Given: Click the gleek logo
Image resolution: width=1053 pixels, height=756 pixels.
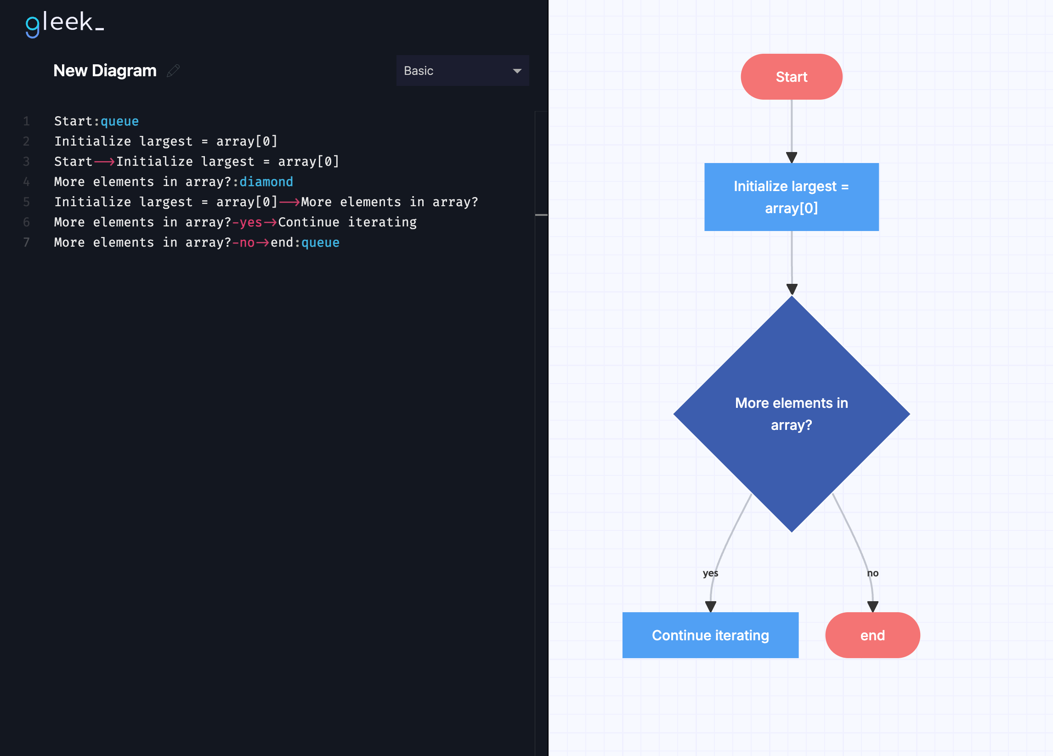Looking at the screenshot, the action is tap(64, 24).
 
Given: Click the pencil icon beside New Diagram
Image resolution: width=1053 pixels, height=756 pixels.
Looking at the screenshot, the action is tap(173, 71).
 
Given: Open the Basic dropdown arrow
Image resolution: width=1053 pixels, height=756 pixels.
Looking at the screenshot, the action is tap(517, 71).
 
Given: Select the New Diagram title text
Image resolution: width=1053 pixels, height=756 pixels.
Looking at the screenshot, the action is tap(105, 71).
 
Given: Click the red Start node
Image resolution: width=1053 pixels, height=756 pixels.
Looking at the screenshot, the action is tap(791, 77).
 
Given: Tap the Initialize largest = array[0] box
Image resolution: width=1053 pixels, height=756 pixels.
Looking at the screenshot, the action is tap(791, 197).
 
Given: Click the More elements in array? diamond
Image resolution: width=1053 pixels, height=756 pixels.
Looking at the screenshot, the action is tap(792, 414).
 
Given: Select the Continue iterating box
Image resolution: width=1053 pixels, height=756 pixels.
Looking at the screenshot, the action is tap(710, 635).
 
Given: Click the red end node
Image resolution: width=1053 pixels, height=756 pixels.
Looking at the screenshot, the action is tap(872, 635).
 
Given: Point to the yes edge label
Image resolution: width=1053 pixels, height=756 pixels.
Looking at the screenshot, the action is tap(710, 573).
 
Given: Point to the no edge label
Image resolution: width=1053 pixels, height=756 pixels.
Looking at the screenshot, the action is tap(873, 573).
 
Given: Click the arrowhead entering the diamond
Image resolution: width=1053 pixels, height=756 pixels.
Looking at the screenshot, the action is tap(792, 290).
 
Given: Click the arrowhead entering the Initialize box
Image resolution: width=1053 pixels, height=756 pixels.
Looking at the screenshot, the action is tap(792, 158).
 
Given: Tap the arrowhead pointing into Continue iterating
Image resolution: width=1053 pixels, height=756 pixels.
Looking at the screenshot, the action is tap(710, 607).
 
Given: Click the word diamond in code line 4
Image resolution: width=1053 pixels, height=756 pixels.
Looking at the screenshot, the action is tap(266, 181).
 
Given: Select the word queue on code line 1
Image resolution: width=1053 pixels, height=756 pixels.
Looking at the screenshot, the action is tap(120, 121).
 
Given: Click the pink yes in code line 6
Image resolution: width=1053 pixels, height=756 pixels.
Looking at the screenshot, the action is tap(251, 222).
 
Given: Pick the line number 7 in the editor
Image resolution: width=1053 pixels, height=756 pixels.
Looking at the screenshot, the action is tap(27, 242).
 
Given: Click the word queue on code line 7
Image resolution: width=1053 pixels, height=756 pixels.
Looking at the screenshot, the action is tap(320, 242).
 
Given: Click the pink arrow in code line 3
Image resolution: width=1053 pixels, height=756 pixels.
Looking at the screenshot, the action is tap(104, 162).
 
